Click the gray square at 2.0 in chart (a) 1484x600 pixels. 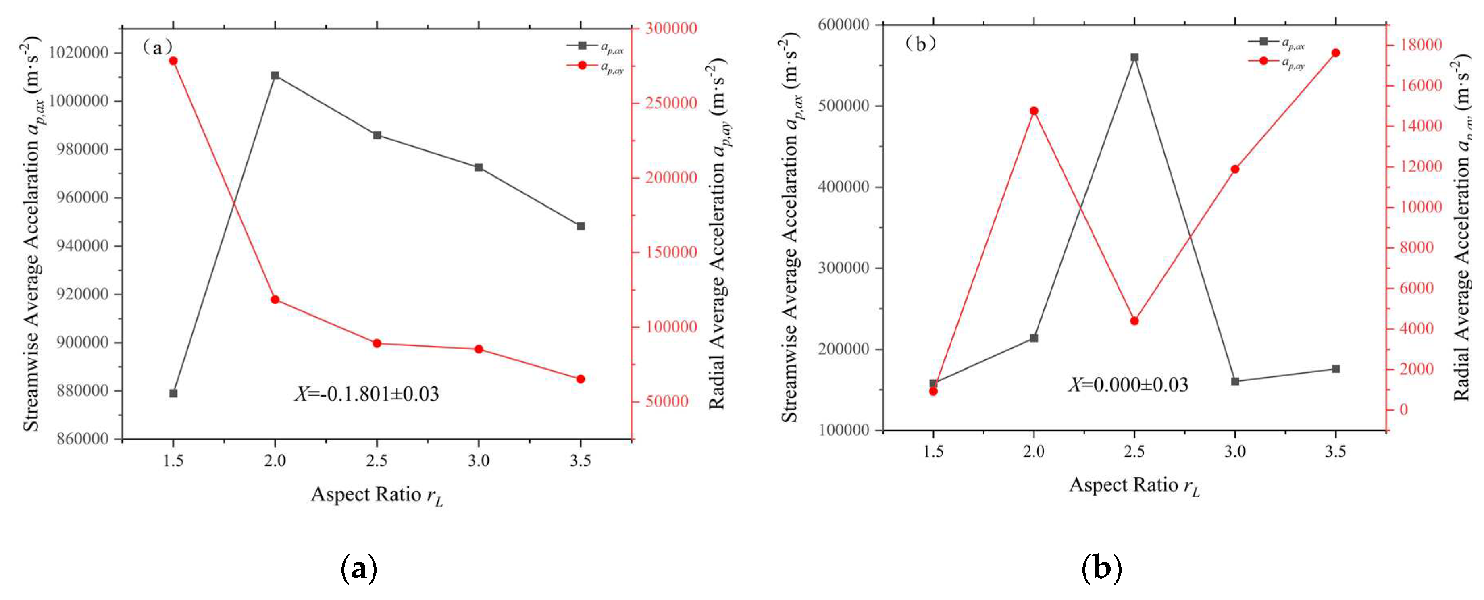pyautogui.click(x=275, y=75)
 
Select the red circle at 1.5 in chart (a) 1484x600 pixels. pyautogui.click(x=173, y=61)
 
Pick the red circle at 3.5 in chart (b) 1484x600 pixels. pyautogui.click(x=1335, y=53)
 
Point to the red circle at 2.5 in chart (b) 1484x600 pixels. pyautogui.click(x=1134, y=321)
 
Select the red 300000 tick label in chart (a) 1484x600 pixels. pyautogui.click(x=670, y=28)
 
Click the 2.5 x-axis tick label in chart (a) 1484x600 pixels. pyautogui.click(x=377, y=461)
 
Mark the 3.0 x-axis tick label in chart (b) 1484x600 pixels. pyautogui.click(x=1234, y=451)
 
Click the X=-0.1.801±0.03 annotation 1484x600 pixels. pyautogui.click(x=367, y=394)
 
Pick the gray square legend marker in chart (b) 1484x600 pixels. pyautogui.click(x=1263, y=41)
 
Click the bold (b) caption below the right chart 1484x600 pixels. pyautogui.click(x=1101, y=569)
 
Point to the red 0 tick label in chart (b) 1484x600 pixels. pyautogui.click(x=1403, y=409)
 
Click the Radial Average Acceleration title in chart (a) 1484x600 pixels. pyautogui.click(x=718, y=233)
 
